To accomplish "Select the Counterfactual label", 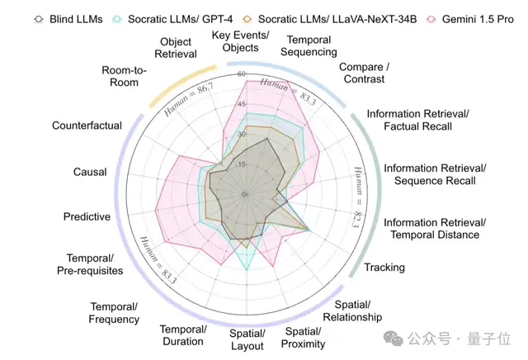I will pyautogui.click(x=87, y=126).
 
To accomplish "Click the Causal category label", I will pyautogui.click(x=90, y=172).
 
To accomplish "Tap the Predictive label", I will pyautogui.click(x=87, y=216).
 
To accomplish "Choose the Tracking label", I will pyautogui.click(x=384, y=267).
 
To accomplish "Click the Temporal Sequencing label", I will pyautogui.click(x=306, y=45).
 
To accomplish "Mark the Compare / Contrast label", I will pyautogui.click(x=362, y=73).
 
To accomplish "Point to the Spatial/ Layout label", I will pyautogui.click(x=247, y=339).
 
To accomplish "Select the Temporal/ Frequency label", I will pyautogui.click(x=114, y=313).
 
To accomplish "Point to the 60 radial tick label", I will pyautogui.click(x=242, y=74).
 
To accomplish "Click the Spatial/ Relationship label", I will pyautogui.click(x=352, y=311).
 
